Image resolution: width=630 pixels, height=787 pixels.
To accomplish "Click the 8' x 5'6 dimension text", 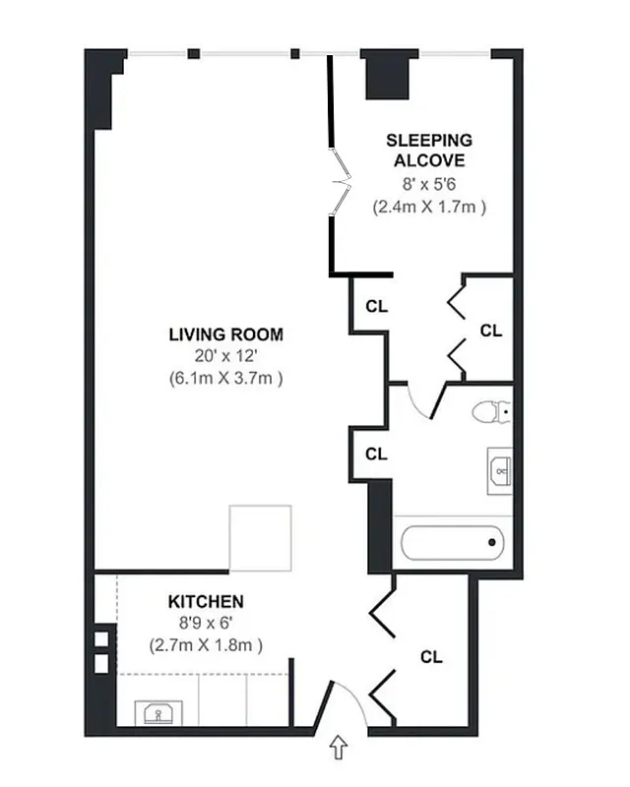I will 428,185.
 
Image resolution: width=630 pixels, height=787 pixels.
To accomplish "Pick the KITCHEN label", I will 206,601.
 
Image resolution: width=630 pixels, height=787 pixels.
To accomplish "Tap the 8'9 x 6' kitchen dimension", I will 206,623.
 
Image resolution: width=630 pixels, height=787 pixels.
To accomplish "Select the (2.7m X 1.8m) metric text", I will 206,645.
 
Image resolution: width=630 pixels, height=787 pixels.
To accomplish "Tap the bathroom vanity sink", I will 501,472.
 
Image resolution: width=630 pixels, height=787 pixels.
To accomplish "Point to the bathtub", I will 453,542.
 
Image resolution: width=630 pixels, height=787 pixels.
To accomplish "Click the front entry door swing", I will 345,703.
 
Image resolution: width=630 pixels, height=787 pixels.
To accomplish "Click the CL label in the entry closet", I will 430,656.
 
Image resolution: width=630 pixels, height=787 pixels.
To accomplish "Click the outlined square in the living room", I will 261,538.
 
